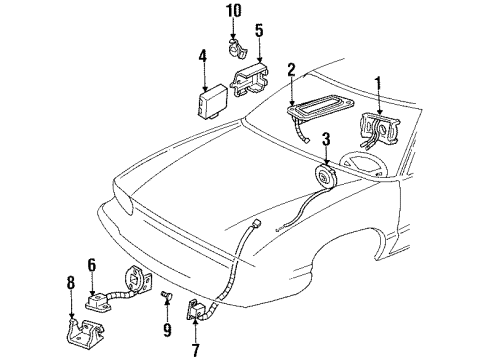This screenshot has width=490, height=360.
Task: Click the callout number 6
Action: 90,266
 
